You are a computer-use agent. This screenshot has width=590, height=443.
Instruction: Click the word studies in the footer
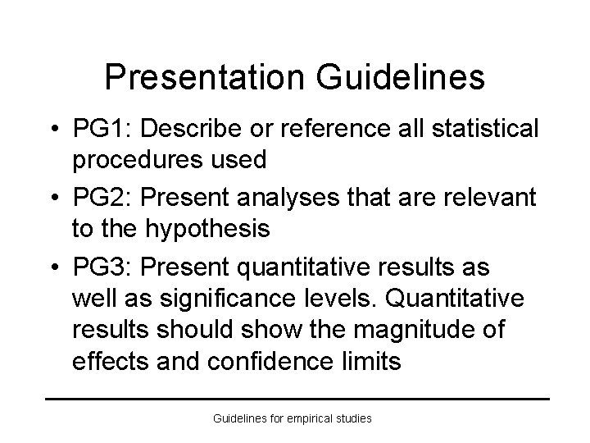click(352, 418)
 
